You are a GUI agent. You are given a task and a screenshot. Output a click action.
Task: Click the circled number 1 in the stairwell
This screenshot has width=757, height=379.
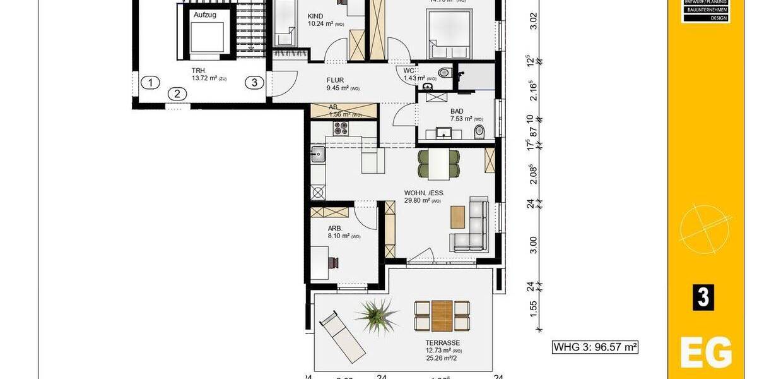[151, 82]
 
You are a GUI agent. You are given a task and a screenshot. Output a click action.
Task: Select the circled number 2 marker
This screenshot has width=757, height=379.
[177, 94]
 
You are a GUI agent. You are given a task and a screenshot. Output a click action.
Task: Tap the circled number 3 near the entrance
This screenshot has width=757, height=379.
[254, 82]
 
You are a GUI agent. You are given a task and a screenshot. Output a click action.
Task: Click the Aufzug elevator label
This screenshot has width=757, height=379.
[205, 14]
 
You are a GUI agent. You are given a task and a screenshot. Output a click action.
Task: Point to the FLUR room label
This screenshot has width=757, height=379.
[335, 80]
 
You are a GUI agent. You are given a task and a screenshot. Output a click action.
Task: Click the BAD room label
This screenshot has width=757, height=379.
[457, 111]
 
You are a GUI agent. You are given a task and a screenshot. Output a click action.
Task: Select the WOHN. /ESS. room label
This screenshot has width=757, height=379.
[424, 193]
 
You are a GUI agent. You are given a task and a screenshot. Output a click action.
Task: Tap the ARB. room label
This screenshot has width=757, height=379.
[334, 229]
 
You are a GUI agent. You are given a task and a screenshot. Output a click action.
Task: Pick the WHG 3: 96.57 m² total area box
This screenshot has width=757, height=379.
[596, 347]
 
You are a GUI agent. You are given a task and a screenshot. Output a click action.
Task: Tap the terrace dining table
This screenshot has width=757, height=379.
[442, 315]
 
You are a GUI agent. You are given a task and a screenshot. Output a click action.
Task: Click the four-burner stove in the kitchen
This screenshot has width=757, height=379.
[341, 128]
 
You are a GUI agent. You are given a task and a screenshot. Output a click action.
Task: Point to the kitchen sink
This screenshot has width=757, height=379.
[317, 153]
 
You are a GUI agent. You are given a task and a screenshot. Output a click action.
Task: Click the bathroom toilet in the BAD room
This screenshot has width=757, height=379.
[479, 131]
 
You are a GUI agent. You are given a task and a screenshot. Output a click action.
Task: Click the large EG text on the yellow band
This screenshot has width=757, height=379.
[706, 353]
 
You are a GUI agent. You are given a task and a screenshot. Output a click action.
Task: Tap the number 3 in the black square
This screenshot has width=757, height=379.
[703, 297]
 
